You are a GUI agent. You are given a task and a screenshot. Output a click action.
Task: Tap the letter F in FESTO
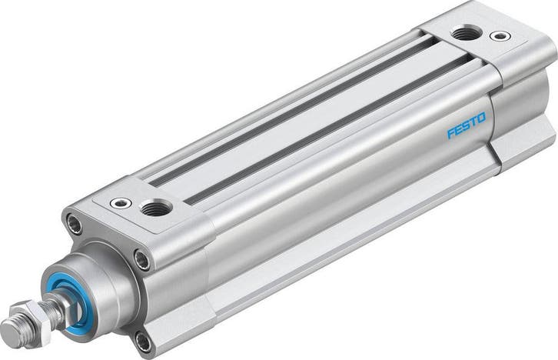451,132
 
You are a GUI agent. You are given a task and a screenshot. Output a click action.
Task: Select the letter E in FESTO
458,129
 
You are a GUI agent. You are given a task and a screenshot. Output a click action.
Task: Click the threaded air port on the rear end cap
463,33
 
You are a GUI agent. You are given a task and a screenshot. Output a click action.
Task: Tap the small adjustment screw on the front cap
121,203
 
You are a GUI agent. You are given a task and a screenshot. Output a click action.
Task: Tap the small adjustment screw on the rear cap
499,35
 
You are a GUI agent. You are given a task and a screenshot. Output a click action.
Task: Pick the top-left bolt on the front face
75,225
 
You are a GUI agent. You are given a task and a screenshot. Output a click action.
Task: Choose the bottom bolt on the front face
143,338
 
